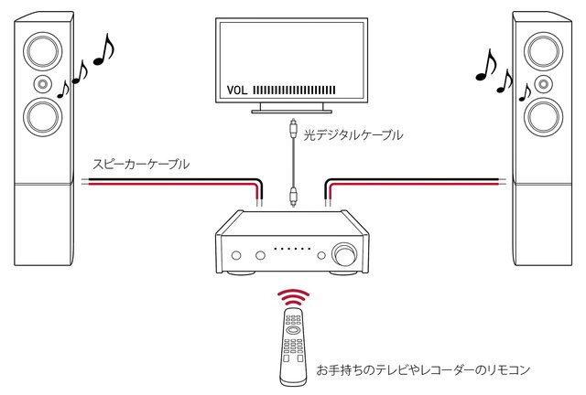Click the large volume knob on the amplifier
pos(346,252)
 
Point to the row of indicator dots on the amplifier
pos(292,249)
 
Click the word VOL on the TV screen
pos(236,91)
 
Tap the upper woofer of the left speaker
pos(41,49)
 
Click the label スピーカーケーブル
pos(141,165)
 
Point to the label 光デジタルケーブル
pos(353,135)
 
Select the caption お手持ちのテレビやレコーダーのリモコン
pos(423,370)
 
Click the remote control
pos(293,347)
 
